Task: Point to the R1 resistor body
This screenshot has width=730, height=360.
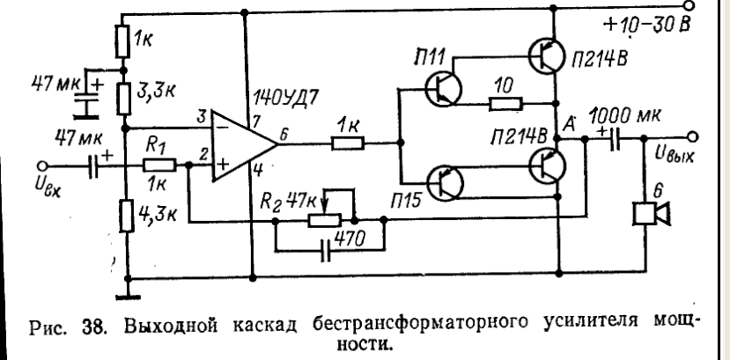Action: coord(162,165)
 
